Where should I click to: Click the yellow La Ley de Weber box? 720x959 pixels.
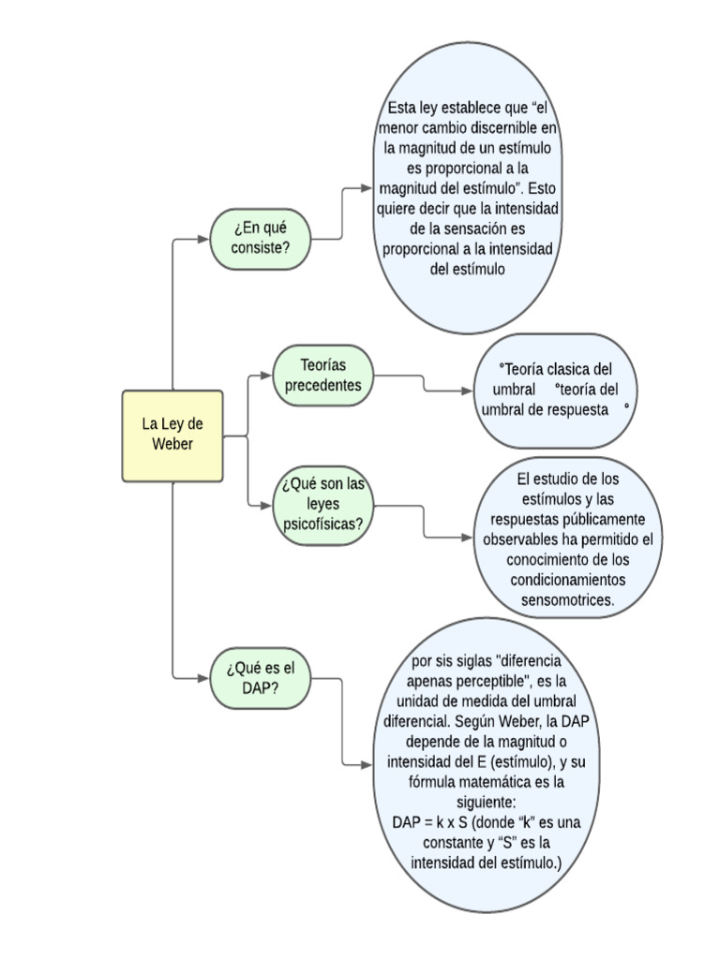172,435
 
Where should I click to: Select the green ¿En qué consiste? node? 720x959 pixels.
261,238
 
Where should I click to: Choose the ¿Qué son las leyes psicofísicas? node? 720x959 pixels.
322,506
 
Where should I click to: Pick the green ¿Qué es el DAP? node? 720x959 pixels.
260,677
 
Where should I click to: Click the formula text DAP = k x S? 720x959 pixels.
432,821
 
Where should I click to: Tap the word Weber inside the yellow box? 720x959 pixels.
172,444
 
